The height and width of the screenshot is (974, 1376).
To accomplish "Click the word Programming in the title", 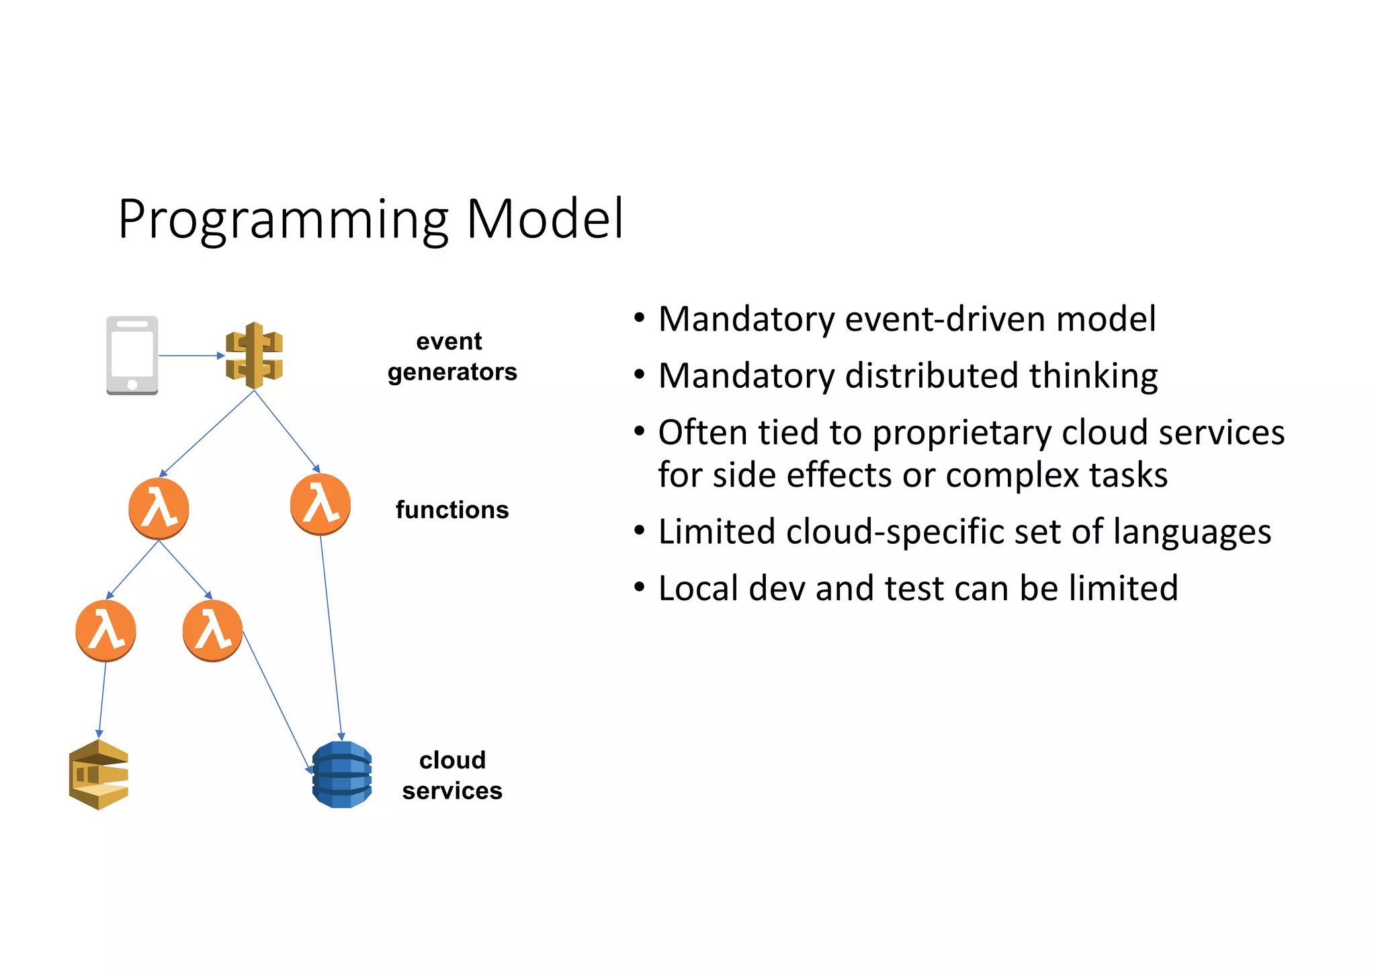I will point(282,220).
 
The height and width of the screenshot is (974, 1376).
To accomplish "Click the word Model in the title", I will point(544,219).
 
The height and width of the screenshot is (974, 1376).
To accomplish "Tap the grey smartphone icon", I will point(132,355).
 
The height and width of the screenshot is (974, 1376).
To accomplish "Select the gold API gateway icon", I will point(254,355).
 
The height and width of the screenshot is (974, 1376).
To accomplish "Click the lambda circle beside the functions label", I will point(320,504).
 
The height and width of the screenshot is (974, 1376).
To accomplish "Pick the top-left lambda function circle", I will point(159,509).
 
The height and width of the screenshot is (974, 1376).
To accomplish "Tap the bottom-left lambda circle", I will point(105,631).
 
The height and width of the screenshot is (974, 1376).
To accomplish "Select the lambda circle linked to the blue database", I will point(212,631).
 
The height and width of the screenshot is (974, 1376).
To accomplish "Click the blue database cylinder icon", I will point(342,774).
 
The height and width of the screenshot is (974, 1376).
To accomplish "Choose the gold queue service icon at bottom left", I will point(99,774).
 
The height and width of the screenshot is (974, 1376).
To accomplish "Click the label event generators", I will point(451,356).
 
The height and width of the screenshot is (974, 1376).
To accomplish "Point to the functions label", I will point(451,510).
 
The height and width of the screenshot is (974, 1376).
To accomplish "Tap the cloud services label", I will point(451,775).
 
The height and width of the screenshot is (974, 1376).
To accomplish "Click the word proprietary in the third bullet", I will point(961,433).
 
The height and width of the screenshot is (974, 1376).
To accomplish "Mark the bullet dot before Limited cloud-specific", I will point(640,531).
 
